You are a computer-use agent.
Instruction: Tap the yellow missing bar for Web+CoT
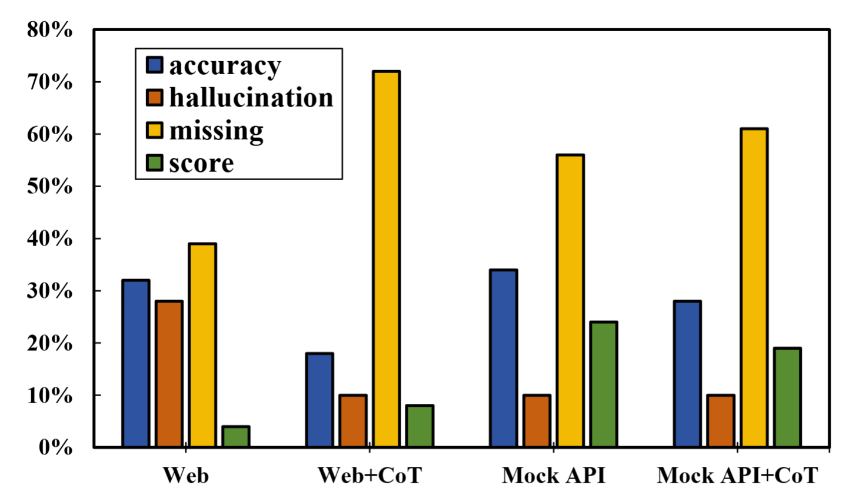(x=386, y=259)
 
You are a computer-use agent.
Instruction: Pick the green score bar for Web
(x=236, y=436)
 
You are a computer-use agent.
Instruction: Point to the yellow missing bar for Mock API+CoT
(x=754, y=288)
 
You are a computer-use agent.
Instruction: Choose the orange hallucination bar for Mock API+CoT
(x=721, y=421)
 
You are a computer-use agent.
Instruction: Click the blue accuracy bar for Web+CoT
(x=320, y=400)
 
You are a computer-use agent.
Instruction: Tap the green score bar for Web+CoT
(x=420, y=426)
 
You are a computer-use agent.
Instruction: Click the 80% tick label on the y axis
(x=50, y=30)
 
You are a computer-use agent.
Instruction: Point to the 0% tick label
(x=56, y=448)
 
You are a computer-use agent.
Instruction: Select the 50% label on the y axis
(x=50, y=187)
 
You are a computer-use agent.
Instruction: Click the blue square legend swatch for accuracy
(x=155, y=65)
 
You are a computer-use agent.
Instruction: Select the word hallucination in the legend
(x=251, y=98)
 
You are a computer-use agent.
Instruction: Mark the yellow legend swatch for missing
(x=155, y=130)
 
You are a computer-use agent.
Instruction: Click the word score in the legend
(x=201, y=163)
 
